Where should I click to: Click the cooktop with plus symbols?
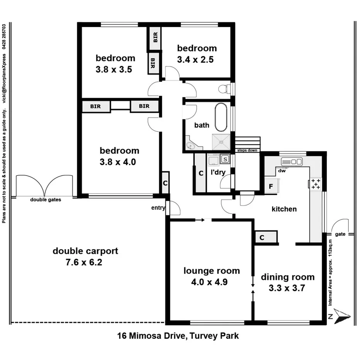tap(316, 184)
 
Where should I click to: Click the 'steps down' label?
tap(247, 150)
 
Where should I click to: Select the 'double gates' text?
tap(46, 200)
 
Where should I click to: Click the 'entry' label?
tap(158, 208)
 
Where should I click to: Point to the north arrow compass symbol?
tap(341, 316)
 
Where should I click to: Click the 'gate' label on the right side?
tap(340, 234)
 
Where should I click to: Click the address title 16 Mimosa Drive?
tap(178, 336)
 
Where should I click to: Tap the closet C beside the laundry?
tap(200, 173)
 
